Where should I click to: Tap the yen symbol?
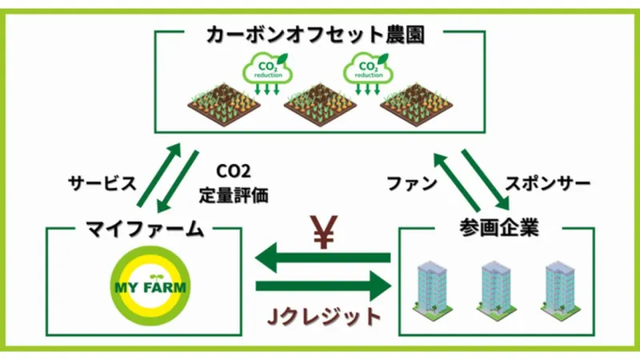pos(324,231)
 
